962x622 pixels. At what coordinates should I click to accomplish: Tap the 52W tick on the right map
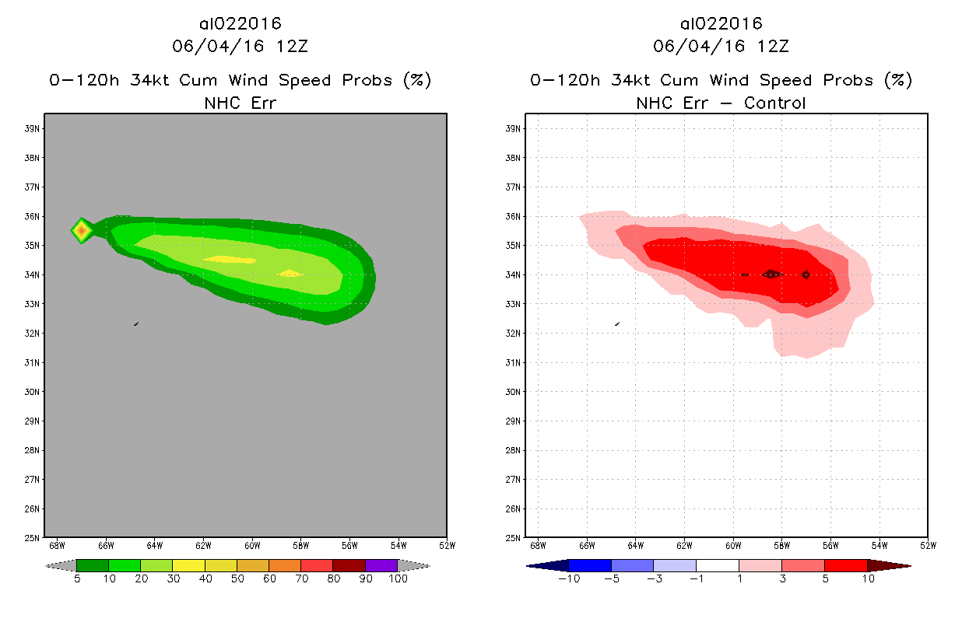pos(928,544)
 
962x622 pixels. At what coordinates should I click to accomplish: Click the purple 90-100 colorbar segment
pos(381,565)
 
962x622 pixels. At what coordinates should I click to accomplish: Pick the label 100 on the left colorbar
pos(398,578)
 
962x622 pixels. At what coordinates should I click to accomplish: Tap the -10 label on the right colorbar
pos(569,578)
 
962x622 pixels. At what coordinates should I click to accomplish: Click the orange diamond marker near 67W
pos(81,230)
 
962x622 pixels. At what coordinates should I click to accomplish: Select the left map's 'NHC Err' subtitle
pos(240,102)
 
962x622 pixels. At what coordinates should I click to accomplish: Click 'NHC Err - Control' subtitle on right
pos(721,102)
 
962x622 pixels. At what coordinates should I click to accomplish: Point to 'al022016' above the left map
pos(240,24)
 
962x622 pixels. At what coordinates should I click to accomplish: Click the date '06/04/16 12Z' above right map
pos(721,46)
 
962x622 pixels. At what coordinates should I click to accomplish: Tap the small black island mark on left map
pos(136,323)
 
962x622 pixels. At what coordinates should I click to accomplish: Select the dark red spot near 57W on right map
pos(806,274)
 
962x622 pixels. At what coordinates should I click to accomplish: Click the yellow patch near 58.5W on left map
pos(291,273)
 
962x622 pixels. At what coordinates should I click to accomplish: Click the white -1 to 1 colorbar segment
pos(717,565)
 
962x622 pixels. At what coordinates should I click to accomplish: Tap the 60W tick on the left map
pos(252,544)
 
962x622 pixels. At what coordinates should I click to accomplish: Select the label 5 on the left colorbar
pos(77,578)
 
